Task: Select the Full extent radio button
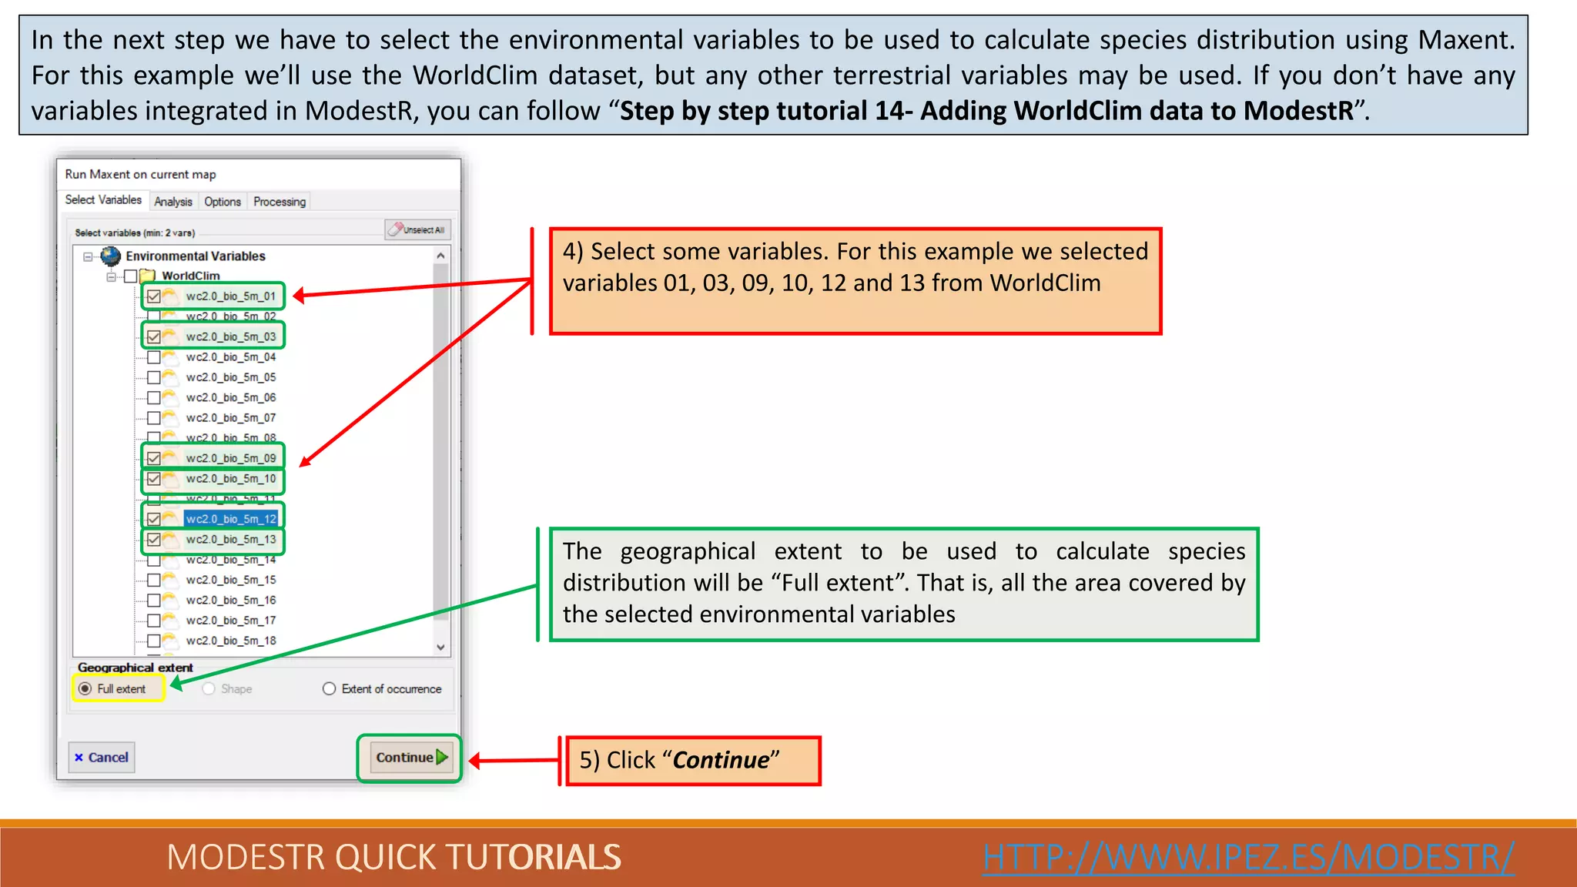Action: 85,688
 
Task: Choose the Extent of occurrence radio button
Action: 330,688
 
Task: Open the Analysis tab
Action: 173,202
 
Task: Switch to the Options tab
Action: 223,202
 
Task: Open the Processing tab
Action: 280,202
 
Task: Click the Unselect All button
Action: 418,229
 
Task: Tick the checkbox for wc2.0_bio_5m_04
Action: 154,357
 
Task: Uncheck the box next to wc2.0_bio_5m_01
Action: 154,296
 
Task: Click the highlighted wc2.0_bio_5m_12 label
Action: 231,519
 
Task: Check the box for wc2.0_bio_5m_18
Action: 154,641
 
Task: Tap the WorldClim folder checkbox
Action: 131,276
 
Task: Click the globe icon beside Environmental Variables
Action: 111,256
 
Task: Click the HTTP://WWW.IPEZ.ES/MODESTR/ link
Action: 1248,857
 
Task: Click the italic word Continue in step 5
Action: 721,761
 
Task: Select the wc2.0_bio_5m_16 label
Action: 231,601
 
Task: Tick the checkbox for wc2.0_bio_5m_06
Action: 154,398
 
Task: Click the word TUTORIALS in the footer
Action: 533,857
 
